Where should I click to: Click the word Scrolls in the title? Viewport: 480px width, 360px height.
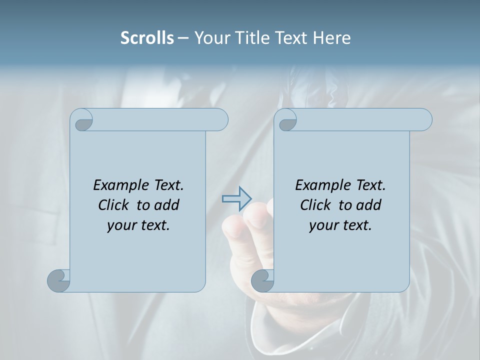(x=147, y=38)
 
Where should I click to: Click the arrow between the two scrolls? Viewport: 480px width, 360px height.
(x=236, y=198)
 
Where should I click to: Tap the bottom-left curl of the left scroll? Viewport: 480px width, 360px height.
(x=58, y=280)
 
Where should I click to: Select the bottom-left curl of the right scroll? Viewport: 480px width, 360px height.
(x=262, y=280)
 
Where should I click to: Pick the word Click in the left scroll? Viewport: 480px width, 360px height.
(x=112, y=205)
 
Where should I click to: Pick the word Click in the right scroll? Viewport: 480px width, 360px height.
(x=314, y=205)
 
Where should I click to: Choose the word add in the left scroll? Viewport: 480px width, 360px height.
(x=167, y=205)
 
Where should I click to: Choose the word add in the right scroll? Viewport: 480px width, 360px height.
(x=369, y=205)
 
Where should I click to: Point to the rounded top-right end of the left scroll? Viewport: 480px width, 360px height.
(x=220, y=119)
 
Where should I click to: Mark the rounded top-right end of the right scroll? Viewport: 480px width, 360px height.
(x=424, y=119)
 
